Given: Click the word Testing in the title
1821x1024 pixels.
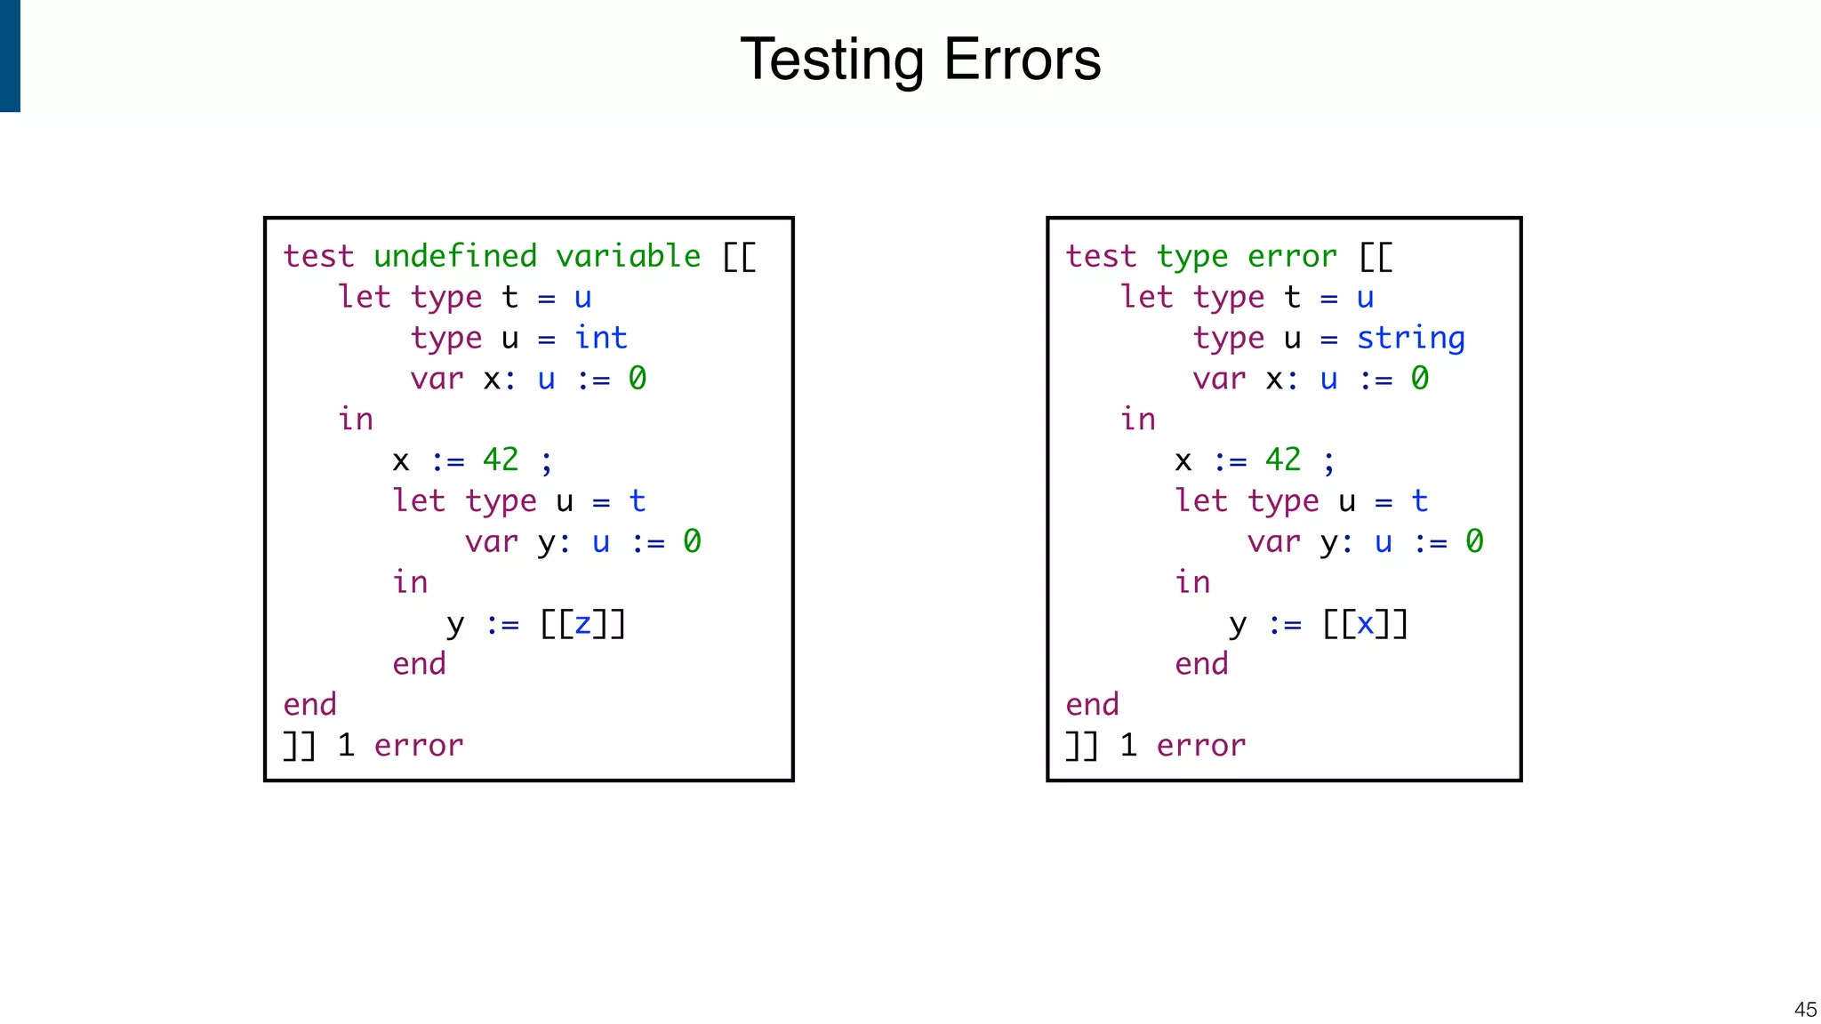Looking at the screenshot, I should coord(831,60).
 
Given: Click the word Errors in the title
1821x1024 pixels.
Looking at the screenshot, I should coord(1022,60).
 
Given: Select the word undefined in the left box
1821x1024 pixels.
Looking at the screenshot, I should coord(455,256).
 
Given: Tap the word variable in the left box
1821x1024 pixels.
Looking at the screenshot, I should coord(628,256).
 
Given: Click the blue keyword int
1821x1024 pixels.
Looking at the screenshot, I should coord(600,338).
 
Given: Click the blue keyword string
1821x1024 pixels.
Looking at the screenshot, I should coord(1410,338).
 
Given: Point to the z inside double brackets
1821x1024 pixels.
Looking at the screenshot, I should coord(582,624).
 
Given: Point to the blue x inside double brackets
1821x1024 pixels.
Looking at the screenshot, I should coord(1365,624).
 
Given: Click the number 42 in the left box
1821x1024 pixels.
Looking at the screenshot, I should coord(500,460).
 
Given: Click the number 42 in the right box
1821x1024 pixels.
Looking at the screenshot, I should coord(1282,460).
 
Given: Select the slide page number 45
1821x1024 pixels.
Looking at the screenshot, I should coord(1805,1010).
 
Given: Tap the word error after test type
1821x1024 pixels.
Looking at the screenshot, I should coord(1291,256).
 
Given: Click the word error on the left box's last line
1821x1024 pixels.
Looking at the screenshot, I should coord(418,746).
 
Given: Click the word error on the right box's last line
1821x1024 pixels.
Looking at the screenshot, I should coord(1200,746).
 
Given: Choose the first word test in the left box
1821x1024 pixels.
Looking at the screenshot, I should coord(318,256).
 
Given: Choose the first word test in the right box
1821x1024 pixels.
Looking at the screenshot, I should coord(1101,256).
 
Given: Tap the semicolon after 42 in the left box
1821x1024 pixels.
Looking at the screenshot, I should coord(547,462).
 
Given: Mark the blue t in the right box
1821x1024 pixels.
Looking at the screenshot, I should coord(1419,501).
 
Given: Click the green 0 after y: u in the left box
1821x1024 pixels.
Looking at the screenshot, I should coord(692,541).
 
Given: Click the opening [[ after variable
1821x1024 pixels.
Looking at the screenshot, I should coord(739,257).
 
